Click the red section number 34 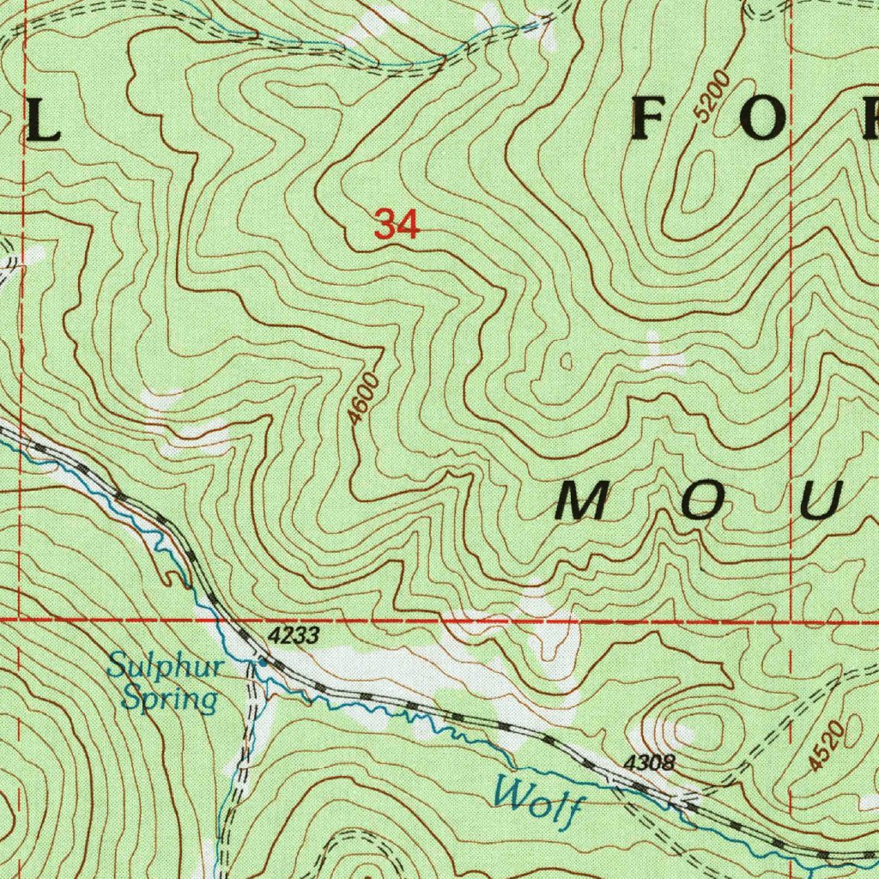[x=397, y=226]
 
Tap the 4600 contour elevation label [x=364, y=397]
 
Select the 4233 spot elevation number [x=294, y=636]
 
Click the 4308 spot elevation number [x=650, y=762]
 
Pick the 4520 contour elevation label [x=827, y=745]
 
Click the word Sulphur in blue [x=167, y=666]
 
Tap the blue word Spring [x=168, y=697]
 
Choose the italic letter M [x=584, y=501]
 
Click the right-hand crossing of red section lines [x=791, y=618]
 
